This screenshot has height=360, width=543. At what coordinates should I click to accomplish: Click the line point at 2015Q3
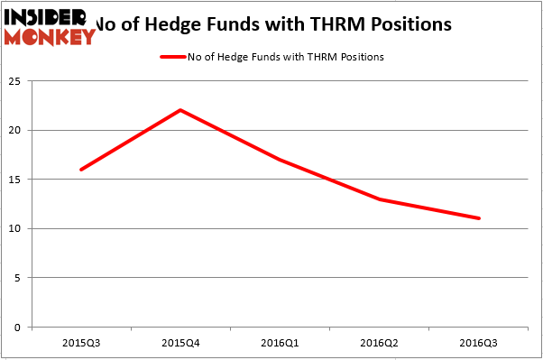(81, 170)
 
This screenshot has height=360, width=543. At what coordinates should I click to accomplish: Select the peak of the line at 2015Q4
(180, 110)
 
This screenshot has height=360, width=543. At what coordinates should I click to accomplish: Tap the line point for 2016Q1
(281, 160)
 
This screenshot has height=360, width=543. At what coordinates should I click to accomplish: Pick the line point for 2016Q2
(380, 198)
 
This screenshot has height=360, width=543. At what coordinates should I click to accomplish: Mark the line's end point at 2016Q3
(479, 218)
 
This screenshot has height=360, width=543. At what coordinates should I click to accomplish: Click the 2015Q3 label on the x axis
(81, 343)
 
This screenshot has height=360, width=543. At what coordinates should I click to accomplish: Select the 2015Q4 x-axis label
(180, 343)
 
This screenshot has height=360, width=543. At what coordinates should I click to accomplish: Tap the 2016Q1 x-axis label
(281, 343)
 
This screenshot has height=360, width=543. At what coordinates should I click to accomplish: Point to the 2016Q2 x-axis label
(380, 343)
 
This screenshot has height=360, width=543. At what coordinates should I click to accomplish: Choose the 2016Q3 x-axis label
(479, 343)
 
